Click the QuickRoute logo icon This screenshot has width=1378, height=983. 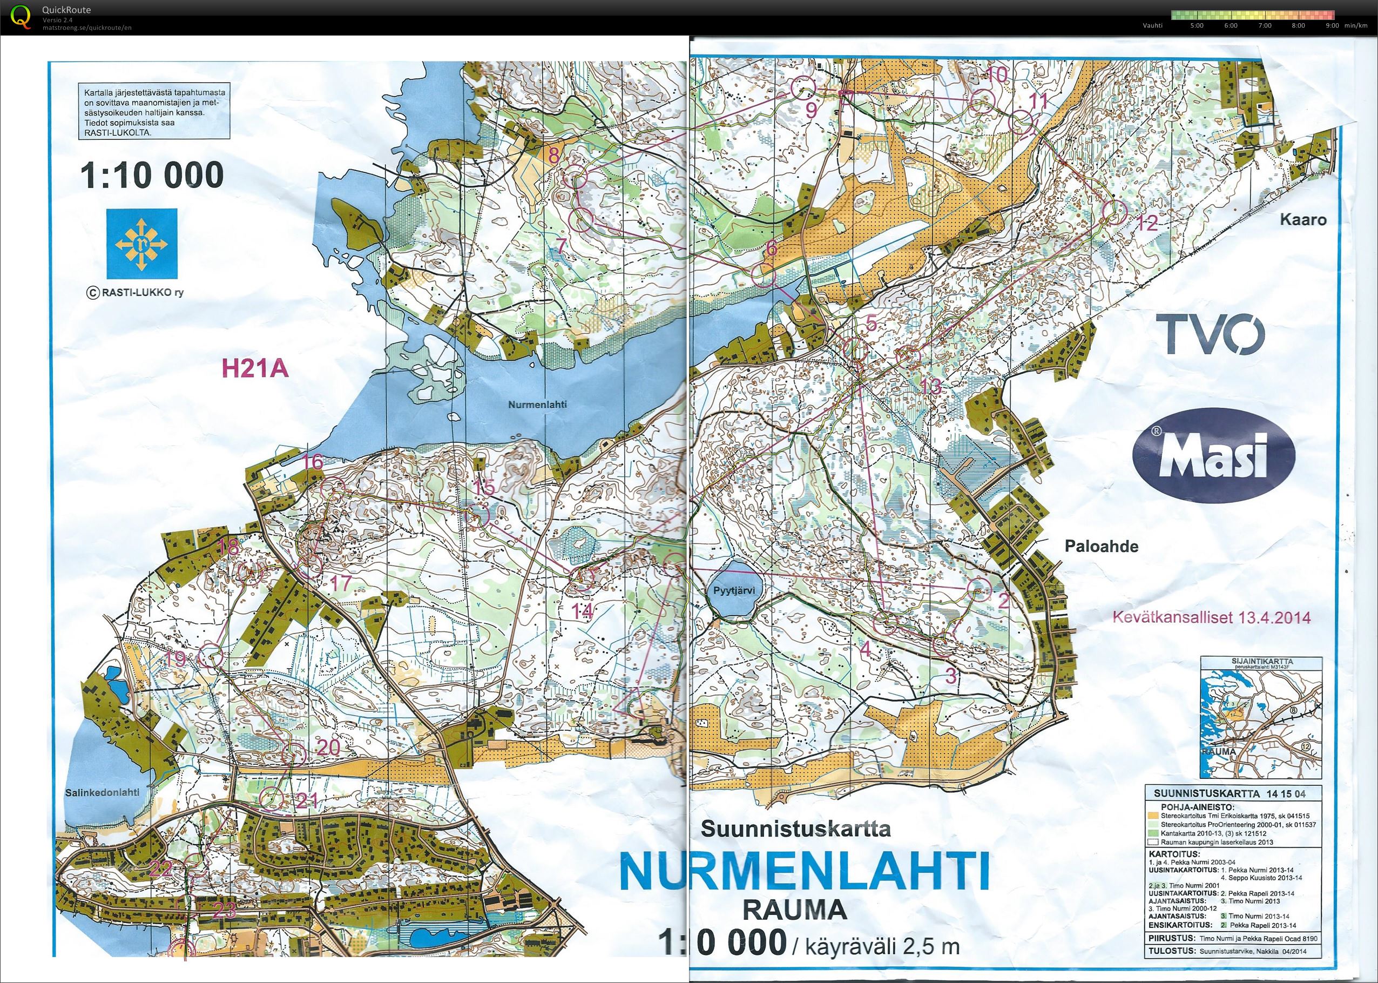22,16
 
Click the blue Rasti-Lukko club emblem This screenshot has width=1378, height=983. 142,240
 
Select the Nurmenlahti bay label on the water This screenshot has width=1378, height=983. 537,404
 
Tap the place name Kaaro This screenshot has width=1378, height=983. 1302,219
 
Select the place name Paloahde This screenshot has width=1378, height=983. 1101,546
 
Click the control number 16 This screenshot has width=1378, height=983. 312,462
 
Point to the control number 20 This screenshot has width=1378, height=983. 329,748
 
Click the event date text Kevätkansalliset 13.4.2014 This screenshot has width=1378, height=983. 1212,618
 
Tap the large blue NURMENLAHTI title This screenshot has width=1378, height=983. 805,871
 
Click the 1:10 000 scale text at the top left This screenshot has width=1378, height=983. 152,175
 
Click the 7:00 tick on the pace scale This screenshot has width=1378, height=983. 1264,25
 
